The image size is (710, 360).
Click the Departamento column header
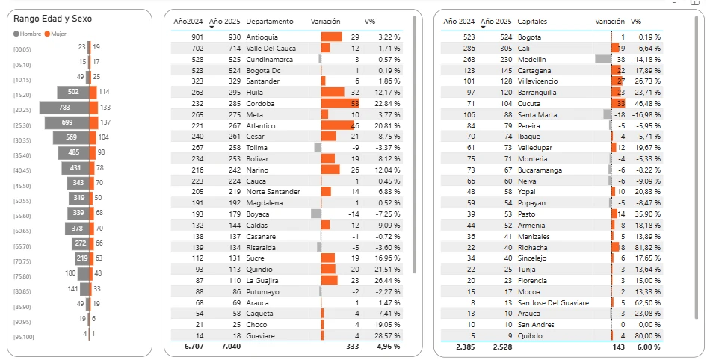tap(270, 22)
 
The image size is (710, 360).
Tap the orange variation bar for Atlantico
tap(337, 125)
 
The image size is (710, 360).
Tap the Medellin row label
tap(532, 59)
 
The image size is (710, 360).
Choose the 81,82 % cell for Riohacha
tap(647, 247)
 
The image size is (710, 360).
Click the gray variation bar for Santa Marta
tap(607, 114)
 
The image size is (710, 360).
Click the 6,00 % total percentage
tap(647, 347)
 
